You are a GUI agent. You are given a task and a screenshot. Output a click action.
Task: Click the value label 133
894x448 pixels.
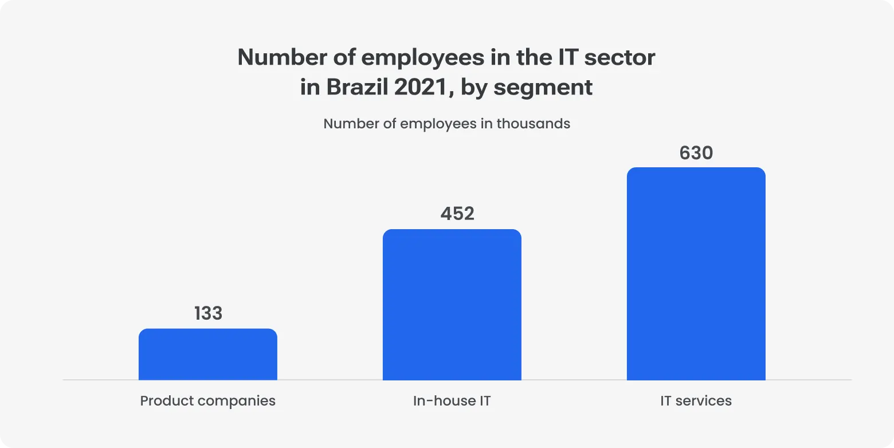(x=207, y=313)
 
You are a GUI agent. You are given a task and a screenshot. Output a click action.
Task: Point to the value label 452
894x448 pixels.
(x=457, y=214)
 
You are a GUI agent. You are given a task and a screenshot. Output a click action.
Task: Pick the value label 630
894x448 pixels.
(x=696, y=153)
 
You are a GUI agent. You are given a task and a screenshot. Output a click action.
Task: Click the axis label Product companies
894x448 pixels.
(x=207, y=400)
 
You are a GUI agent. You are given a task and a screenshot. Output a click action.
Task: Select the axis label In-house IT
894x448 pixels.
(x=452, y=400)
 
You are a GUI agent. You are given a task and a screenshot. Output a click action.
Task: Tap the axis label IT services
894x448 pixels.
(x=696, y=400)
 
